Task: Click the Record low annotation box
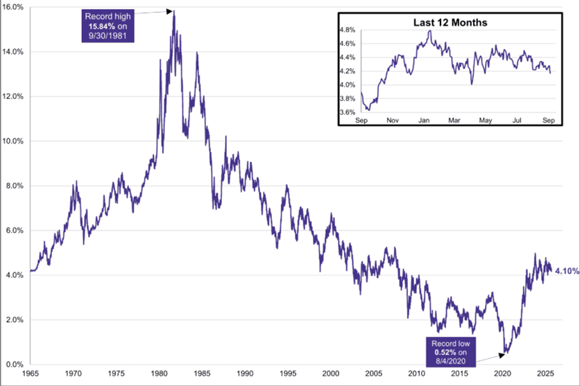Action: (446, 351)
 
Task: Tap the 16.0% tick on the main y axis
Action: (14, 7)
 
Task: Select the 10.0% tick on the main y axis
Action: (14, 141)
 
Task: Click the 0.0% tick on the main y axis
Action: (15, 365)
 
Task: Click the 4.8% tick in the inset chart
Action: (346, 30)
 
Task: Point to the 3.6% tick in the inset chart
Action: (346, 112)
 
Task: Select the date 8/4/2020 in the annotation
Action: (446, 361)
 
